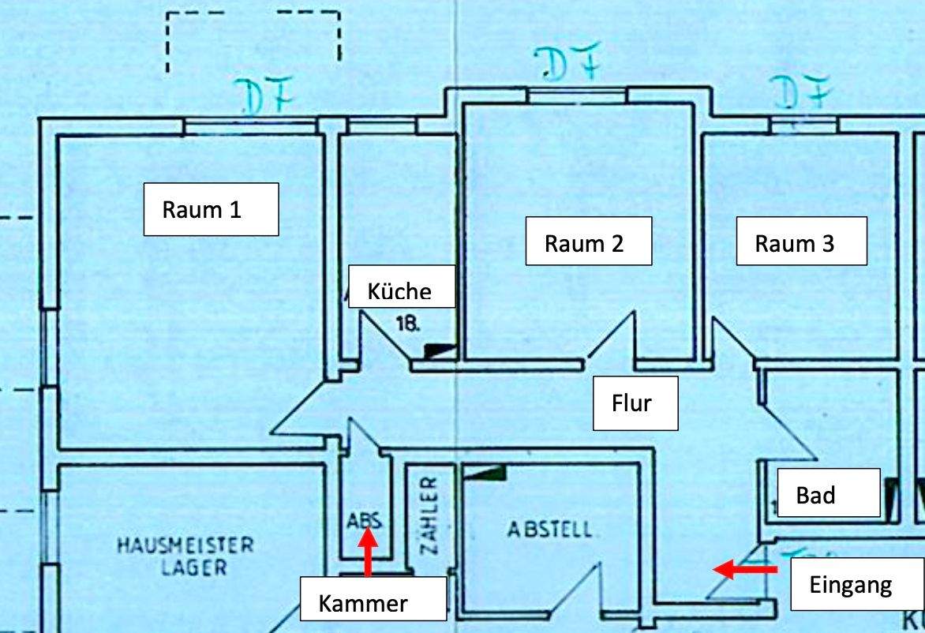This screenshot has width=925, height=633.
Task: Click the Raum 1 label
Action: (x=211, y=209)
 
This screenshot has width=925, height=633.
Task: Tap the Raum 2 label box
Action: (x=588, y=242)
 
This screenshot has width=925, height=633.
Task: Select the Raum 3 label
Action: (x=801, y=242)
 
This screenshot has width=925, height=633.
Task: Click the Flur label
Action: (x=635, y=403)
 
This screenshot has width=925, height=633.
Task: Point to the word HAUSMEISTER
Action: (x=186, y=545)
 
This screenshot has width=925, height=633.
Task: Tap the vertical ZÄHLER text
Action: (x=430, y=515)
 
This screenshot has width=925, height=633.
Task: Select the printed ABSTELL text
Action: (x=550, y=529)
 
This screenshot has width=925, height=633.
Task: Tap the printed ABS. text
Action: (x=365, y=520)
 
